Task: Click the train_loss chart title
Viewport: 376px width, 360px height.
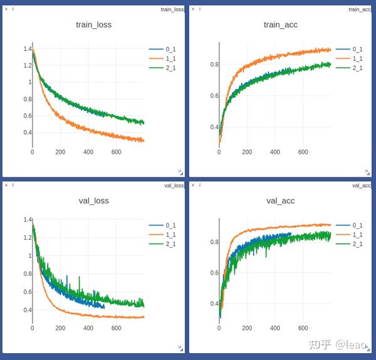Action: tap(94, 25)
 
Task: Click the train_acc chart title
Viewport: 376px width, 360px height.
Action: tap(281, 25)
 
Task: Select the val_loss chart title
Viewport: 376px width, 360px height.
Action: tap(93, 201)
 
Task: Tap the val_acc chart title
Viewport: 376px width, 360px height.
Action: tap(281, 201)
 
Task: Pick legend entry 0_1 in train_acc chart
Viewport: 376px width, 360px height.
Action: tap(358, 49)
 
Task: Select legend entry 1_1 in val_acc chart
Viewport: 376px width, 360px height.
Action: tap(358, 235)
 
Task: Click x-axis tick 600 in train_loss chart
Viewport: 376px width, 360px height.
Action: tap(116, 152)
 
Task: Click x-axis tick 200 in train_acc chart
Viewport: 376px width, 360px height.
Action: tap(247, 152)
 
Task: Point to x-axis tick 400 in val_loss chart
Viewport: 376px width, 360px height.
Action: tap(88, 328)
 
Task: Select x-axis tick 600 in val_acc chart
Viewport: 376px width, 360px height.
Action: tap(303, 328)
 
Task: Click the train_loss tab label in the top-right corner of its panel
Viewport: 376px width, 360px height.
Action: tap(172, 9)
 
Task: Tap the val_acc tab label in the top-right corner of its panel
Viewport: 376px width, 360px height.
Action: tap(361, 186)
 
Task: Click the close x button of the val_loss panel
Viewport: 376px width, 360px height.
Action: tap(6, 185)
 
